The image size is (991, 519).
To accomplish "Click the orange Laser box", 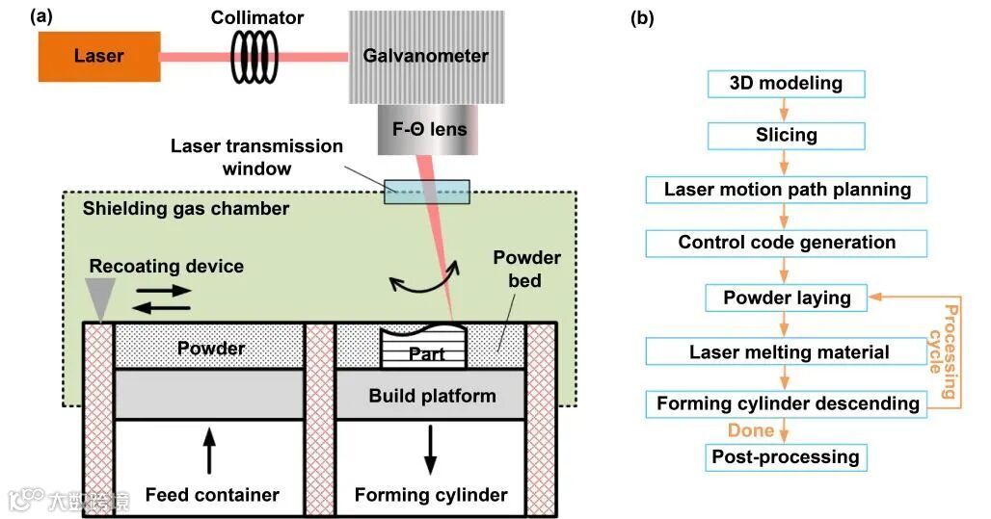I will pos(98,56).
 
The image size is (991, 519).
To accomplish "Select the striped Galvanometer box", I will pos(425,56).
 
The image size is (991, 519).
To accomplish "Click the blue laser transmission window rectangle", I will pos(428,191).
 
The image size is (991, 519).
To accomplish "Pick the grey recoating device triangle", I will pos(100,294).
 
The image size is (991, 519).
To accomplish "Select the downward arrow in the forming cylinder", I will pos(430,446).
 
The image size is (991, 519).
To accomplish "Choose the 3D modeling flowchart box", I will pos(786,84).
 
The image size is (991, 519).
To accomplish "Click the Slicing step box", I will pos(786,136).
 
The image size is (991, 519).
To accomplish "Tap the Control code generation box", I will pos(786,243).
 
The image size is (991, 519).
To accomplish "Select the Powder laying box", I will pos(786,298).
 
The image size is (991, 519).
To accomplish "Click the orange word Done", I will pos(751,430).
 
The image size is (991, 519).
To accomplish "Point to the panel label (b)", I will pos(641,17).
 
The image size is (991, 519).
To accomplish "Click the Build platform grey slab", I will pos(431,396).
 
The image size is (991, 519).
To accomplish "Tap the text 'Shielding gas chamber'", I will pos(185,208).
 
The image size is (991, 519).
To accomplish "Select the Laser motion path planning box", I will pos(786,190).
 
